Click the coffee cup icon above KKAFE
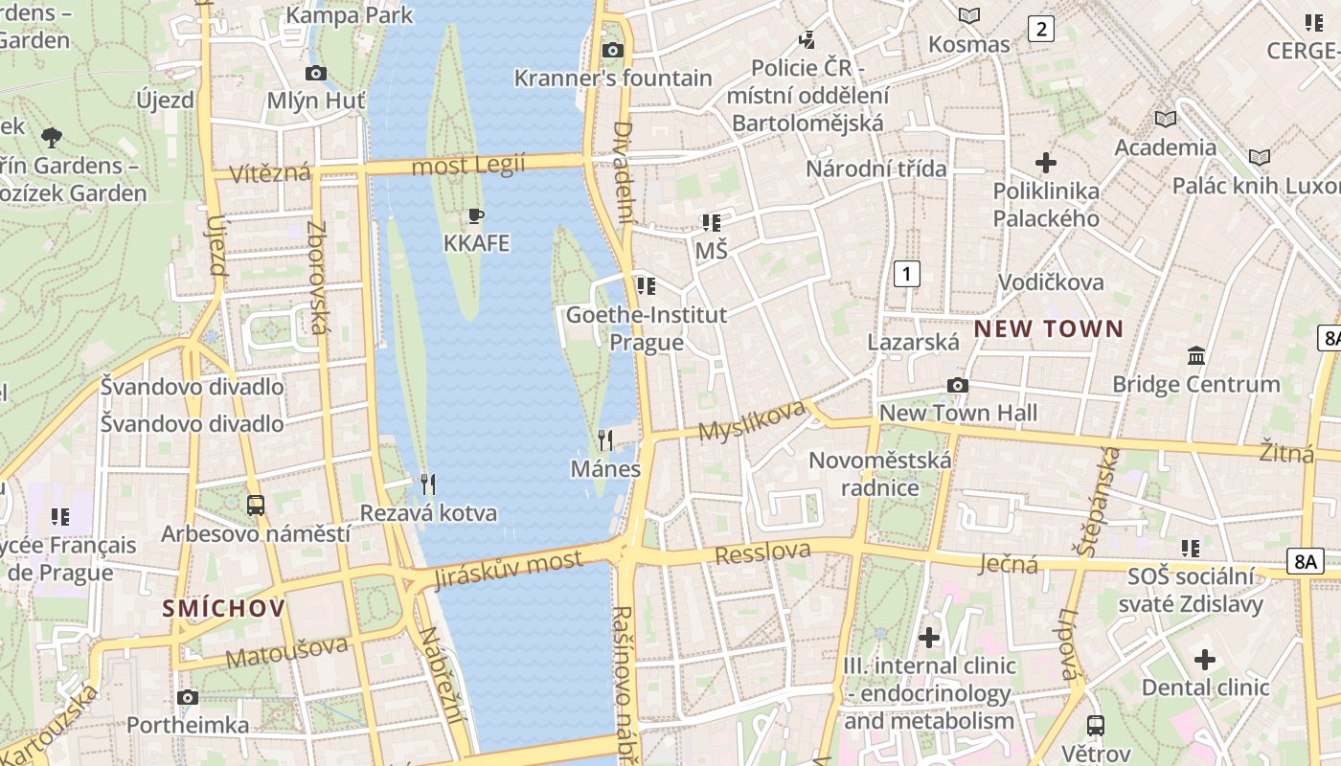pyautogui.click(x=476, y=215)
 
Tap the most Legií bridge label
pyautogui.click(x=468, y=166)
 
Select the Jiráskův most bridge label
pyautogui.click(x=508, y=570)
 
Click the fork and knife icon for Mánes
pyautogui.click(x=605, y=440)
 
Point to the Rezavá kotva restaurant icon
pyautogui.click(x=428, y=484)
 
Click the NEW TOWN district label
pyautogui.click(x=1049, y=329)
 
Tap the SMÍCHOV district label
pyautogui.click(x=223, y=608)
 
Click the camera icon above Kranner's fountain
pyautogui.click(x=613, y=50)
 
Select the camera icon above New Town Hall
pyautogui.click(x=957, y=386)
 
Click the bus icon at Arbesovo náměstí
pyautogui.click(x=256, y=506)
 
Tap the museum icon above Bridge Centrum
pyautogui.click(x=1196, y=356)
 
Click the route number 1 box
pyautogui.click(x=906, y=274)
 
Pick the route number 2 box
pyautogui.click(x=1041, y=29)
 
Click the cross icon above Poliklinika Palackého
pyautogui.click(x=1045, y=163)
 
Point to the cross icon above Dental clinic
pyautogui.click(x=1205, y=660)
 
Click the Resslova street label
pyautogui.click(x=762, y=552)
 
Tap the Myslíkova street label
pyautogui.click(x=751, y=420)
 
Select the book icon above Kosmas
pyautogui.click(x=969, y=16)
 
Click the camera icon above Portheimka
pyautogui.click(x=188, y=697)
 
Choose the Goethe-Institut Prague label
pyautogui.click(x=647, y=328)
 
